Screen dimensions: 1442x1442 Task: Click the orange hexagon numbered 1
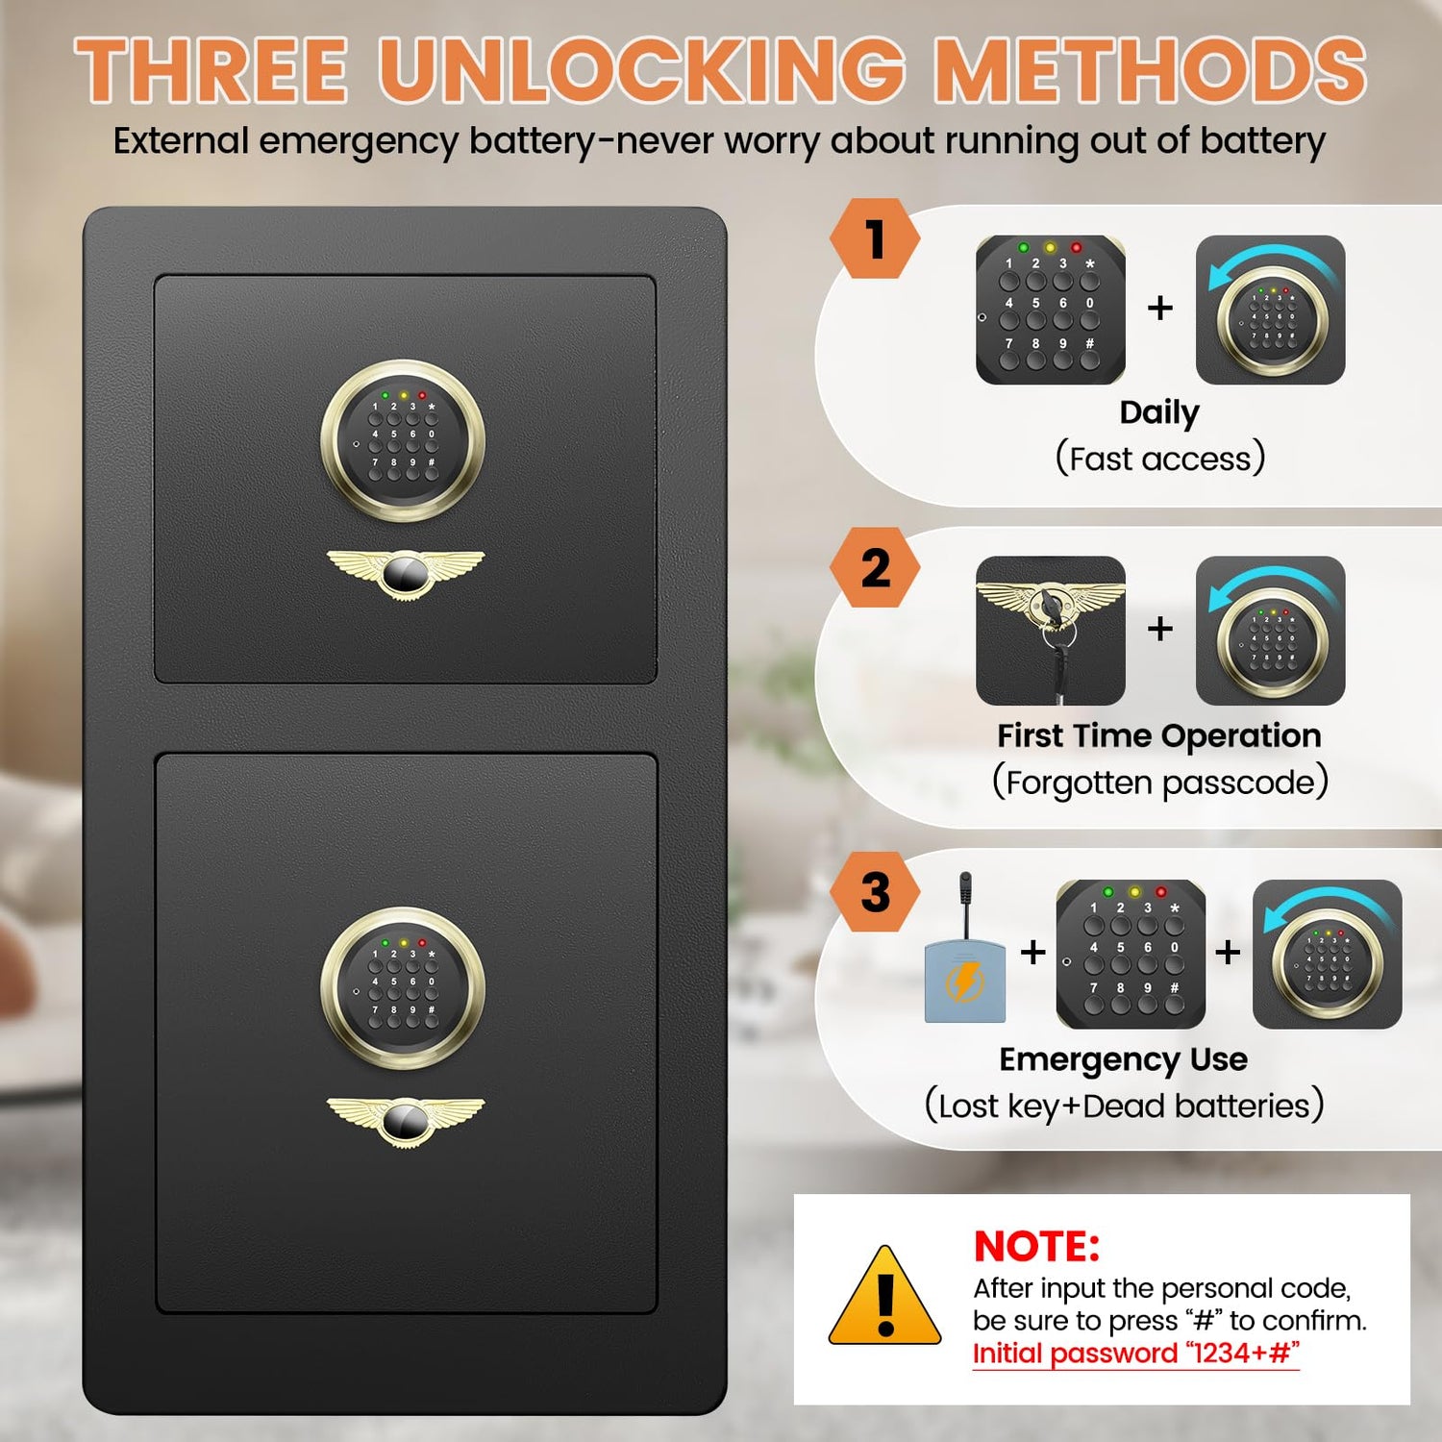tap(875, 238)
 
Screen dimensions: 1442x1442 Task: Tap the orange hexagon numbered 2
tap(875, 567)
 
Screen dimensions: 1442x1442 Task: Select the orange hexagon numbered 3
tap(875, 891)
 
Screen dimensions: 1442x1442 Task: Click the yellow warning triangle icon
tap(884, 1296)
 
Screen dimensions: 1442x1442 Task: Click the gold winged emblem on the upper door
tap(405, 574)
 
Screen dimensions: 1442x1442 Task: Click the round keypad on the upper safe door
tap(402, 441)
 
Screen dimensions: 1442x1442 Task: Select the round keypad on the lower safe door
tap(402, 989)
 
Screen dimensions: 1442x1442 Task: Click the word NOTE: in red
tap(1036, 1246)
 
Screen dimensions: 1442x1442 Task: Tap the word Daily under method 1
tap(1159, 413)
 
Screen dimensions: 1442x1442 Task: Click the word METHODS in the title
tap(1151, 69)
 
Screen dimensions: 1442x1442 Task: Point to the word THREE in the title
tap(211, 69)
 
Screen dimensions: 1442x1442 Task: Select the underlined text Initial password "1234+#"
tap(1136, 1354)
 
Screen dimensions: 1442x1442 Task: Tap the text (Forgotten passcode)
tap(1160, 782)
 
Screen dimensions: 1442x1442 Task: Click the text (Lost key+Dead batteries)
tap(1124, 1106)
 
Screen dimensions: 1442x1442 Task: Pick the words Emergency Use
tap(1124, 1059)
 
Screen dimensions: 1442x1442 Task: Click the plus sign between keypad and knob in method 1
tap(1160, 308)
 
